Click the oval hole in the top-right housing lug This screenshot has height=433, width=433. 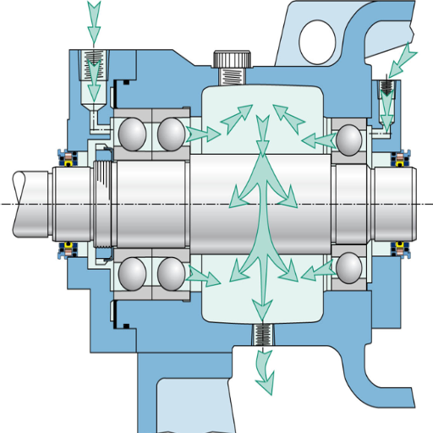point(316,36)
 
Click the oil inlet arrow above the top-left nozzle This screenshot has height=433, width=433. point(94,20)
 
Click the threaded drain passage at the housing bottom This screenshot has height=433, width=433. point(263,335)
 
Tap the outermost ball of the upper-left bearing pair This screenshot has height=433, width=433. point(134,133)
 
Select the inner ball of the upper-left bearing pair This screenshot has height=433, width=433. point(170,133)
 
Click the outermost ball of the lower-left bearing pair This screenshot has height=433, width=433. point(134,273)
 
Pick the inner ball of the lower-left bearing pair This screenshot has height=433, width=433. point(170,273)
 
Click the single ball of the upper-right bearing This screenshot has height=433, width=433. point(348,139)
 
